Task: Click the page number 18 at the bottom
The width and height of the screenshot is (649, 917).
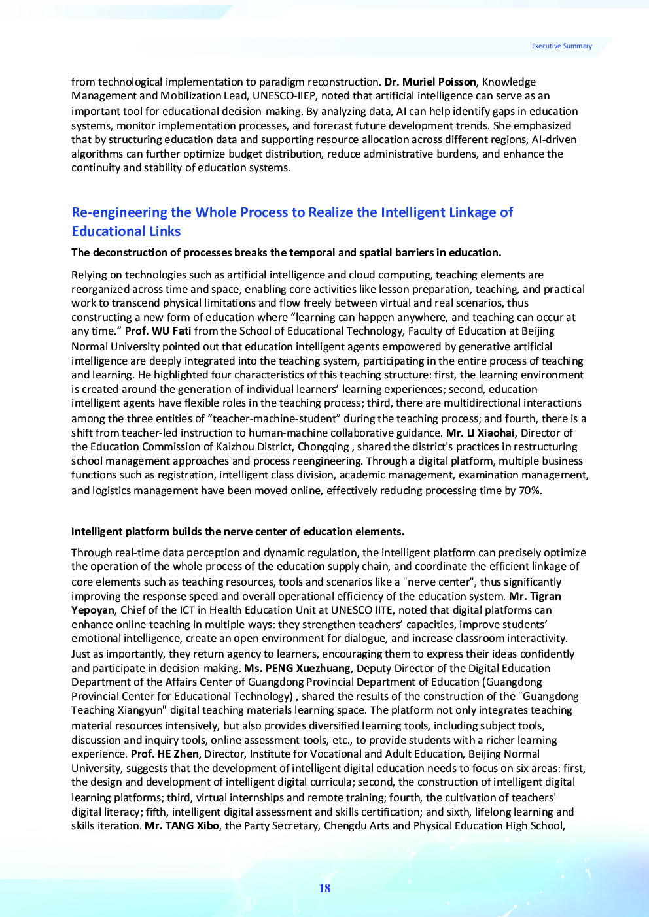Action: click(324, 888)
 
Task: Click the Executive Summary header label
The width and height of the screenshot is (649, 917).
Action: click(561, 46)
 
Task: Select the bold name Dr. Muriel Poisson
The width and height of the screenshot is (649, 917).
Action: click(430, 82)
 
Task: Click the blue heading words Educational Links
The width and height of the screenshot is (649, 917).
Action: click(126, 231)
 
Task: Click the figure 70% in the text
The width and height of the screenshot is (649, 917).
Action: click(530, 490)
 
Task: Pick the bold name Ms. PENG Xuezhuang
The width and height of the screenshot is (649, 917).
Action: click(297, 668)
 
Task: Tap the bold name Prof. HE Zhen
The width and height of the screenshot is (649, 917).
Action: click(164, 754)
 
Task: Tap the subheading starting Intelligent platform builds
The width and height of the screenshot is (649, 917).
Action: click(237, 531)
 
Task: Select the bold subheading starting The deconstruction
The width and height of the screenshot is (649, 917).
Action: click(286, 252)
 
